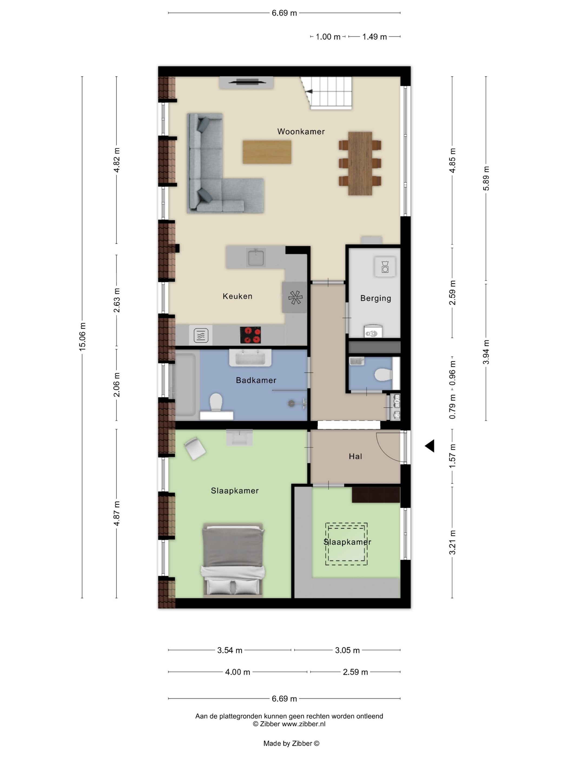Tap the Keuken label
tap(237, 296)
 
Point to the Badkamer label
tap(256, 380)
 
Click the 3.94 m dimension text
tap(486, 352)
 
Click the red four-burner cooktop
tap(250, 335)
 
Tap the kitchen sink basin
tap(256, 258)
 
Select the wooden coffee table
tap(267, 152)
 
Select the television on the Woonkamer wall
tap(246, 81)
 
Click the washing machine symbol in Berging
tap(385, 266)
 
